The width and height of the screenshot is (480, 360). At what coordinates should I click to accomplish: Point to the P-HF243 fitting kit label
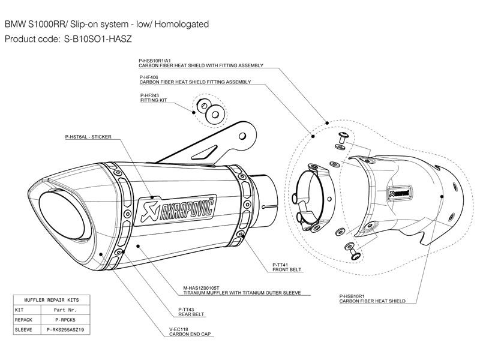click(149, 95)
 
